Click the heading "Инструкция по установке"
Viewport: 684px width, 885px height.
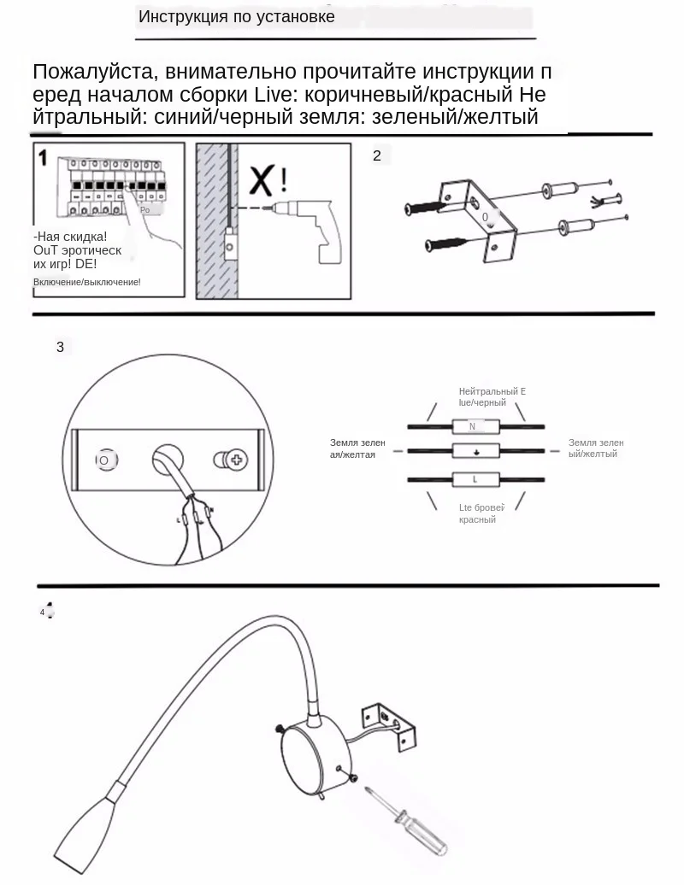[237, 17]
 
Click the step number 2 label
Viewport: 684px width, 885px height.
[377, 155]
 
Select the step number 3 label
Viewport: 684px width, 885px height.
[60, 347]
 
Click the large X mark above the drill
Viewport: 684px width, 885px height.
[261, 180]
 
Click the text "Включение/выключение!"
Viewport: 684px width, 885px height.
[87, 282]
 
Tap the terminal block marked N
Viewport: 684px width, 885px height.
[474, 426]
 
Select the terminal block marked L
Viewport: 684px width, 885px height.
[474, 478]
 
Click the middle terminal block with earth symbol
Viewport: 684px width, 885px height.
[474, 452]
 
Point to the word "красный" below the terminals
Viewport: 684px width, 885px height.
[477, 519]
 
